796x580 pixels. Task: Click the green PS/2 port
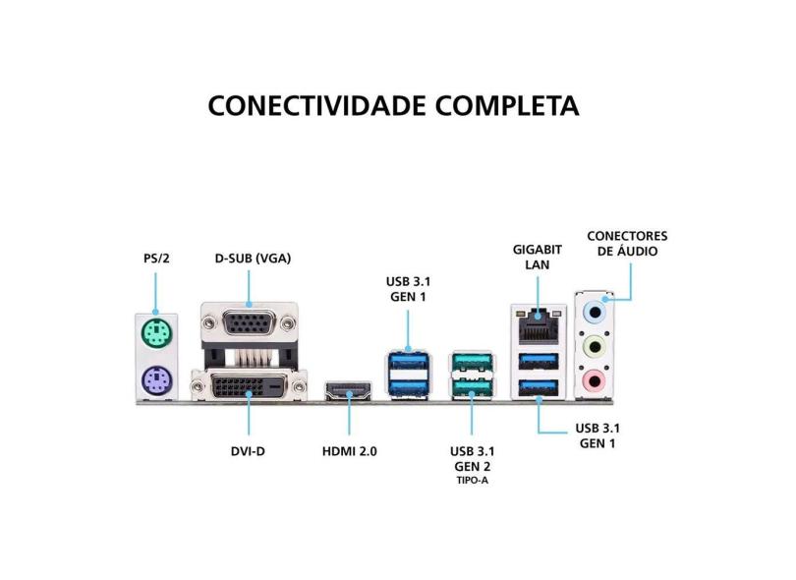click(155, 337)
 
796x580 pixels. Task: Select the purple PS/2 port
click(155, 379)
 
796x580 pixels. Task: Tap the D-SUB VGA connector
click(248, 323)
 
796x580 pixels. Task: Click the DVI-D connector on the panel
click(246, 386)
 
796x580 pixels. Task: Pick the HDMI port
click(349, 391)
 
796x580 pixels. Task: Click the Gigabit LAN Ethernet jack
click(539, 318)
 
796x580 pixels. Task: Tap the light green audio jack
click(593, 346)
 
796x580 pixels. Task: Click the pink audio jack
click(593, 378)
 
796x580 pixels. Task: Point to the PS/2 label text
click(155, 259)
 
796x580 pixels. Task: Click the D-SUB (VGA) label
click(254, 259)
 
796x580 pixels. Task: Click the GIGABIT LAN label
click(538, 257)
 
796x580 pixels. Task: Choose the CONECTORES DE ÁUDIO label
click(627, 244)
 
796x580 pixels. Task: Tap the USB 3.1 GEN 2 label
click(472, 458)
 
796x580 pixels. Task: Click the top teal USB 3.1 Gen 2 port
click(471, 363)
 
